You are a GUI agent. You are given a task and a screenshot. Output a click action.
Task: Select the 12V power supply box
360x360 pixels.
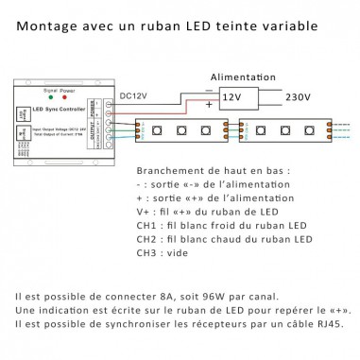pyautogui.click(x=233, y=96)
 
